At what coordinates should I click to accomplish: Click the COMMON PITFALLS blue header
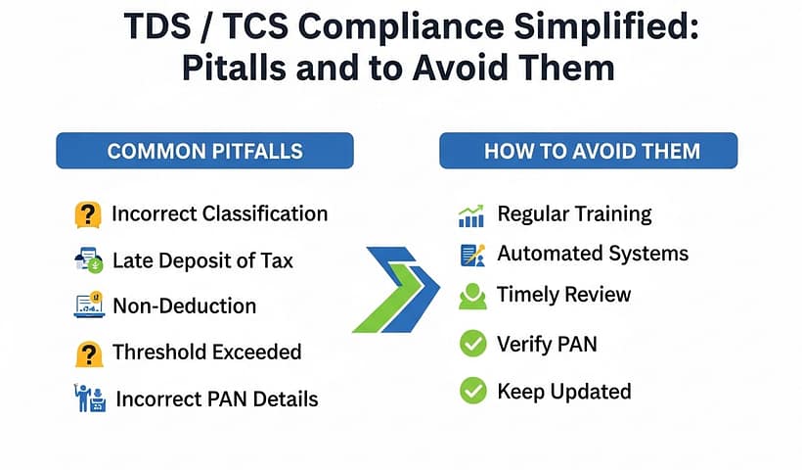coord(204,152)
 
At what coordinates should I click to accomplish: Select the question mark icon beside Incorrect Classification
coord(89,213)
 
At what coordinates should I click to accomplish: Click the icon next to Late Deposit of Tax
coord(89,260)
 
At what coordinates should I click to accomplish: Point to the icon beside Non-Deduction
coord(89,305)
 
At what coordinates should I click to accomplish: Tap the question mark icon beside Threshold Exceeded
coord(89,352)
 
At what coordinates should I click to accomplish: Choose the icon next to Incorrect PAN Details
coord(90,398)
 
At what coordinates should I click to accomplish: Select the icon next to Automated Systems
coord(472,255)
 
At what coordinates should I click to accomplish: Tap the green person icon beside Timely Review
coord(472,296)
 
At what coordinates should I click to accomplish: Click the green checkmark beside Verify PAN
coord(472,344)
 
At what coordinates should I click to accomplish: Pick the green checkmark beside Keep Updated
coord(472,392)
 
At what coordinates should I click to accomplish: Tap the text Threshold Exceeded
coord(206,352)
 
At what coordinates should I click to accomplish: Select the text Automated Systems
coord(593,254)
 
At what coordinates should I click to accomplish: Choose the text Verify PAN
coord(547,344)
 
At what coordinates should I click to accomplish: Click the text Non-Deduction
coord(184,305)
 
